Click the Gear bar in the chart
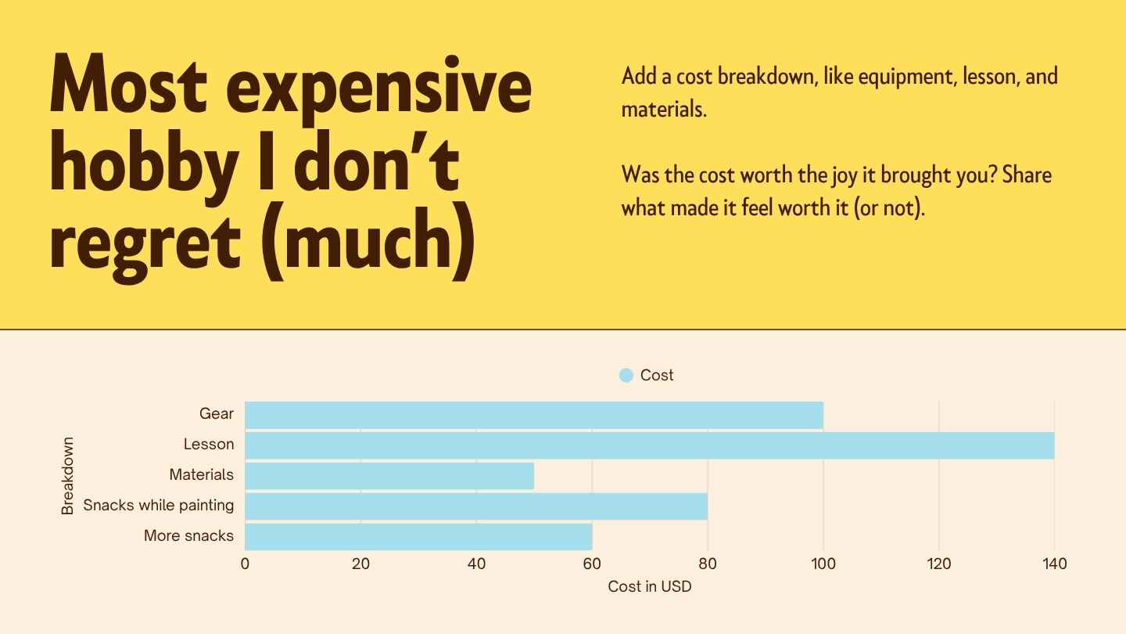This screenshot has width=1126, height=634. (534, 415)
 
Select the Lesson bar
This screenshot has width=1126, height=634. (649, 445)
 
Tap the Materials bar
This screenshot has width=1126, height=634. (389, 475)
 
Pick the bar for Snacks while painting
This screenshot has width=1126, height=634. (476, 506)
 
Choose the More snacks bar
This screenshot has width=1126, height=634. (418, 536)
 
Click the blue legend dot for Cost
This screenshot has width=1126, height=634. (626, 376)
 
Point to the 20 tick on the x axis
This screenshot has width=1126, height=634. (360, 564)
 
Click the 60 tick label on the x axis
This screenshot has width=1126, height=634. (592, 564)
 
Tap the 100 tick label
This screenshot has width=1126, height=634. (823, 564)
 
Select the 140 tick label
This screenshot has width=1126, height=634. (1054, 564)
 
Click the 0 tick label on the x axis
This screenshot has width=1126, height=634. (245, 564)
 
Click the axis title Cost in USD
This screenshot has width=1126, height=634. (649, 586)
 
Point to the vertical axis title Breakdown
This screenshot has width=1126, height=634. (68, 475)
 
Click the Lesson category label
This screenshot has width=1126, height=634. (209, 445)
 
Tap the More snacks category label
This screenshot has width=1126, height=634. (188, 536)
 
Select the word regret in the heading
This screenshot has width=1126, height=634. (145, 241)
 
